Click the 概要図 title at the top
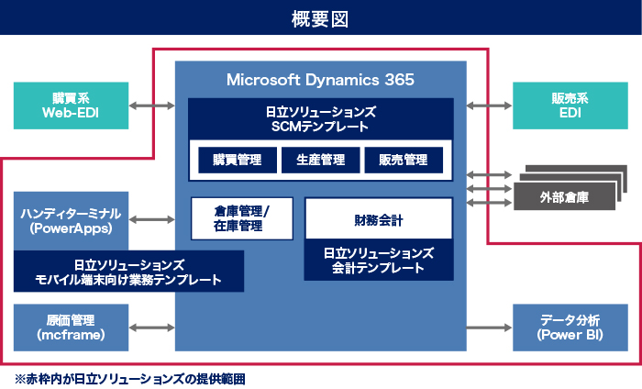pos(320,17)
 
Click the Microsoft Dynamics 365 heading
pos(320,80)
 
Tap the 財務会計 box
pos(378,220)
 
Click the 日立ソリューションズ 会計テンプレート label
pos(378,261)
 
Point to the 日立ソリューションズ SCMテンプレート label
pos(320,117)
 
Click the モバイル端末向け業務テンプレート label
pos(128,272)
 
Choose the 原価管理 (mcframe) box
pos(71,328)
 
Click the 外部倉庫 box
pos(564,196)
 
